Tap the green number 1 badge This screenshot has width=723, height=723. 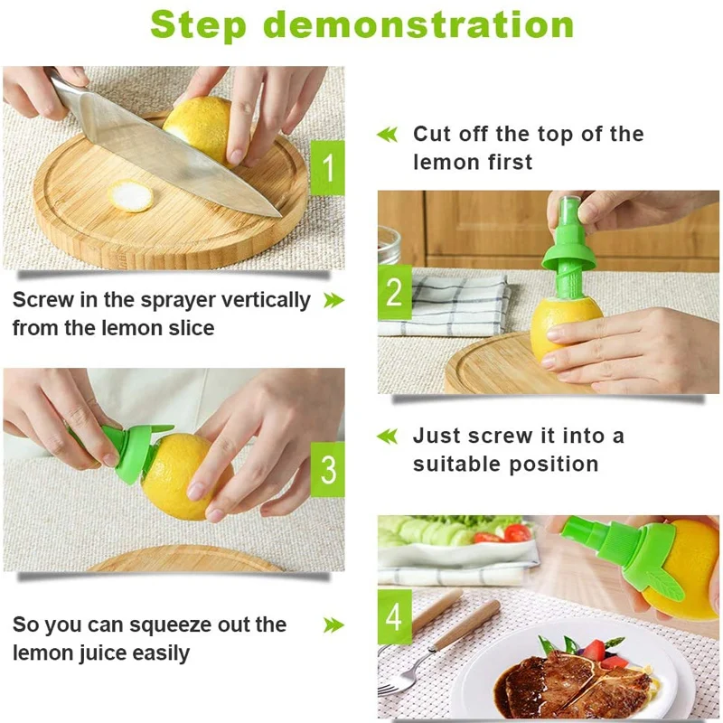[327, 167]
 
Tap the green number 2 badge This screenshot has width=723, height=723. [394, 293]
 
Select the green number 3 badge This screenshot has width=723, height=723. [327, 469]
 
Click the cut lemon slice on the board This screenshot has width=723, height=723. [132, 196]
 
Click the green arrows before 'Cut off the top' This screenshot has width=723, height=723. [387, 135]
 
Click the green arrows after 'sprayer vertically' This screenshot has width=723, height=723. [333, 300]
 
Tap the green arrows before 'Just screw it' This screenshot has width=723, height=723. [387, 437]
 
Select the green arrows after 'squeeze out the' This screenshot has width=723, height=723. [333, 624]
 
